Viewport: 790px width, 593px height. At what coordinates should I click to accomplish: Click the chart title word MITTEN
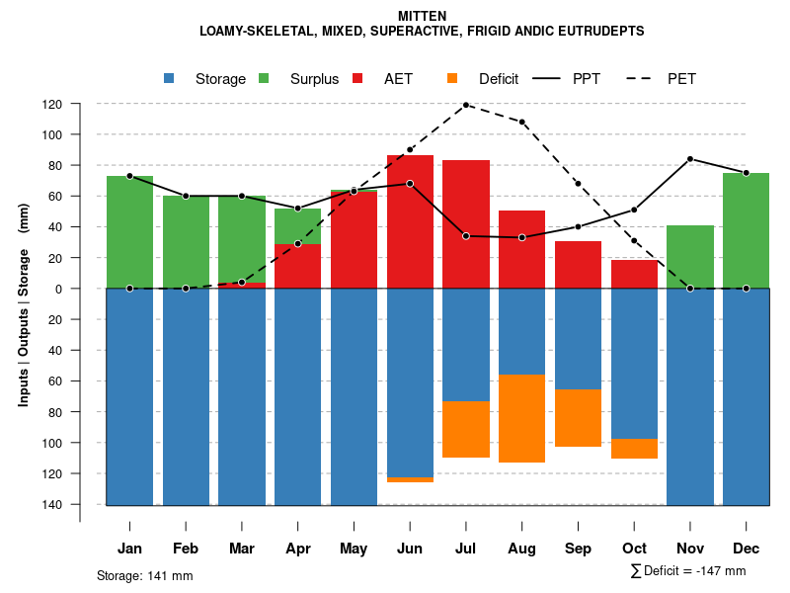coord(422,16)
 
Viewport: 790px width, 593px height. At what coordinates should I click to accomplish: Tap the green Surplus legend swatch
coord(264,79)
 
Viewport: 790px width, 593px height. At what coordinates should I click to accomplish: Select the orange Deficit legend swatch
coord(452,79)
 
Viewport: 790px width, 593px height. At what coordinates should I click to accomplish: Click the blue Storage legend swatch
coord(169,79)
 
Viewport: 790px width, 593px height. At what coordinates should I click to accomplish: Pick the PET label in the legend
coord(681,79)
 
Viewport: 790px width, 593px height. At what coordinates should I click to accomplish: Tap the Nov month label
coord(690,549)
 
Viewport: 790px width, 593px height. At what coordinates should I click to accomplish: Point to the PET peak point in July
coord(465,104)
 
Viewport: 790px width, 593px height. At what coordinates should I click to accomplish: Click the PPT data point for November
coord(690,159)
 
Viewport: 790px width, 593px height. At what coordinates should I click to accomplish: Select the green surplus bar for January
coord(129,232)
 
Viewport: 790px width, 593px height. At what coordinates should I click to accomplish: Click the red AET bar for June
coord(410,221)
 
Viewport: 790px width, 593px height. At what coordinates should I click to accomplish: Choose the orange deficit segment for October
coord(634,449)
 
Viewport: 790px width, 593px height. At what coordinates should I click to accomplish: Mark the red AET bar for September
coord(578,265)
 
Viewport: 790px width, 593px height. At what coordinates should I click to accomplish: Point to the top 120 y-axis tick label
coord(80,104)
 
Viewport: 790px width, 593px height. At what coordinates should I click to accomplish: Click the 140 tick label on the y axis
coord(80,505)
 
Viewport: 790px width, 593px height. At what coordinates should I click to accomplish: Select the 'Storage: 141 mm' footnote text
coord(145,575)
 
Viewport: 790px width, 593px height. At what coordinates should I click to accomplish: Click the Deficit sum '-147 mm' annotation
coord(687,571)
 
